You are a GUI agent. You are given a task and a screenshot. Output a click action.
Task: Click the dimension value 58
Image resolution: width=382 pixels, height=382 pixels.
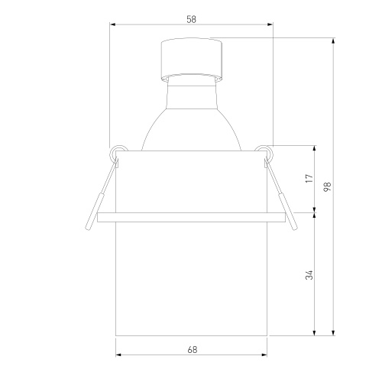[x=191, y=19]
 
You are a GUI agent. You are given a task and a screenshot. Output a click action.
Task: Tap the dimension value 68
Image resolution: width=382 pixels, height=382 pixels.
[x=193, y=350]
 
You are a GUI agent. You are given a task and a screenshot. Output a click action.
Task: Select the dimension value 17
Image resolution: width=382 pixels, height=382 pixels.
[x=309, y=178]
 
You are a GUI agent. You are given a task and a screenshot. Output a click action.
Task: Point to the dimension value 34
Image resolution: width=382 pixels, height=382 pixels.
[x=309, y=275]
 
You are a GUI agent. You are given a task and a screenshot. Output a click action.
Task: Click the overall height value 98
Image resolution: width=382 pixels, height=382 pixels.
[x=327, y=186]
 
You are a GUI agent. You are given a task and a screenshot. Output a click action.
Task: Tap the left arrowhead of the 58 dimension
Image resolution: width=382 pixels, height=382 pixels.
[x=112, y=24]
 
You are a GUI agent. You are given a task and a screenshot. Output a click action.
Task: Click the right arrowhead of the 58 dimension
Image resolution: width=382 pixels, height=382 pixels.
[x=270, y=24]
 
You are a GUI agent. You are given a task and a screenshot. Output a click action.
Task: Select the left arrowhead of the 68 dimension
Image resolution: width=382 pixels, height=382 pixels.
[x=118, y=354]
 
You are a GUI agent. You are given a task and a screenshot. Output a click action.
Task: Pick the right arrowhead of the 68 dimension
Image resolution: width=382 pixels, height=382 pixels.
[x=264, y=354]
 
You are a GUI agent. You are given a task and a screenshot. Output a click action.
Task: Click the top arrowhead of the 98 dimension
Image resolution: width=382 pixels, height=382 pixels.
[x=333, y=40]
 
